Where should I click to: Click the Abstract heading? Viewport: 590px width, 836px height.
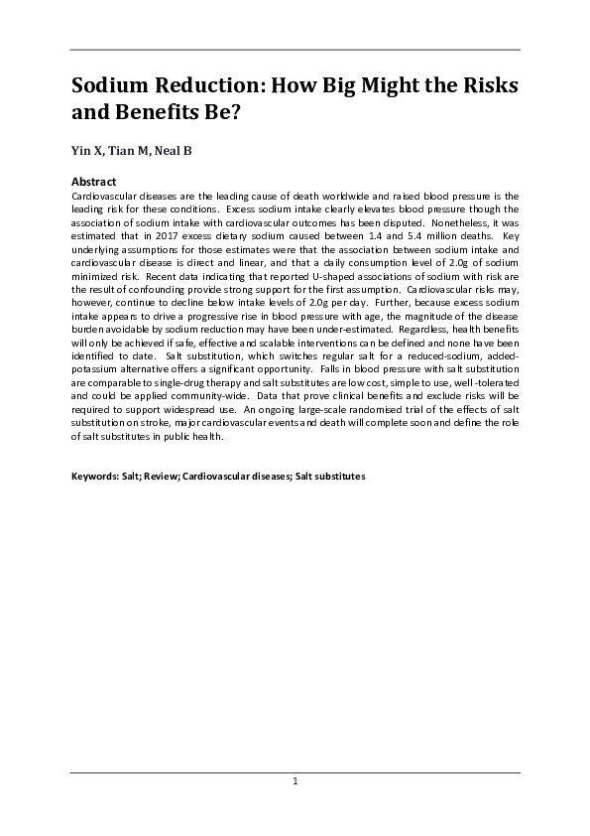93,183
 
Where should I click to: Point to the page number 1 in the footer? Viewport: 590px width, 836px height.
295,782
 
